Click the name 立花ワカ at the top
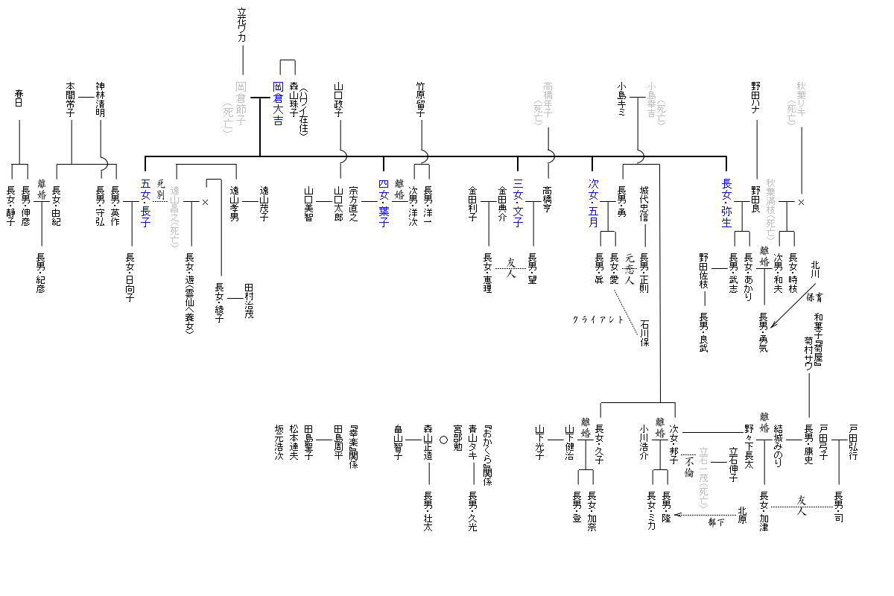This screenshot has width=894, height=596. pos(241,25)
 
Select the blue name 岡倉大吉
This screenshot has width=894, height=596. pos(277,103)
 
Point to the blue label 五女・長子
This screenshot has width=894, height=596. pos(146,203)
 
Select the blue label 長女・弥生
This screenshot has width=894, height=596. pos(727,203)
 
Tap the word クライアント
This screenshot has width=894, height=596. pos(597,319)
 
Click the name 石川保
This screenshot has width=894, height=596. pos(644,334)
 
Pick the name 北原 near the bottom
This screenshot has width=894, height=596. pos(742,515)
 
